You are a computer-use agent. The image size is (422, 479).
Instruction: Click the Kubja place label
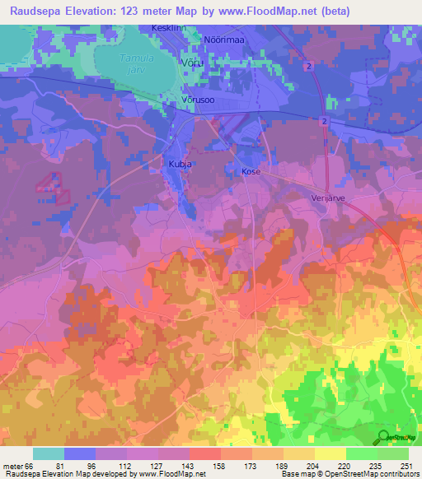(180, 164)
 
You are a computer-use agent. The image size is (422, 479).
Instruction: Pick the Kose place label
(251, 171)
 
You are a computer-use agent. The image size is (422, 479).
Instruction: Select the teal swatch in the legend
(49, 453)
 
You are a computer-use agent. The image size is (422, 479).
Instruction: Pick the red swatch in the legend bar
(205, 453)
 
